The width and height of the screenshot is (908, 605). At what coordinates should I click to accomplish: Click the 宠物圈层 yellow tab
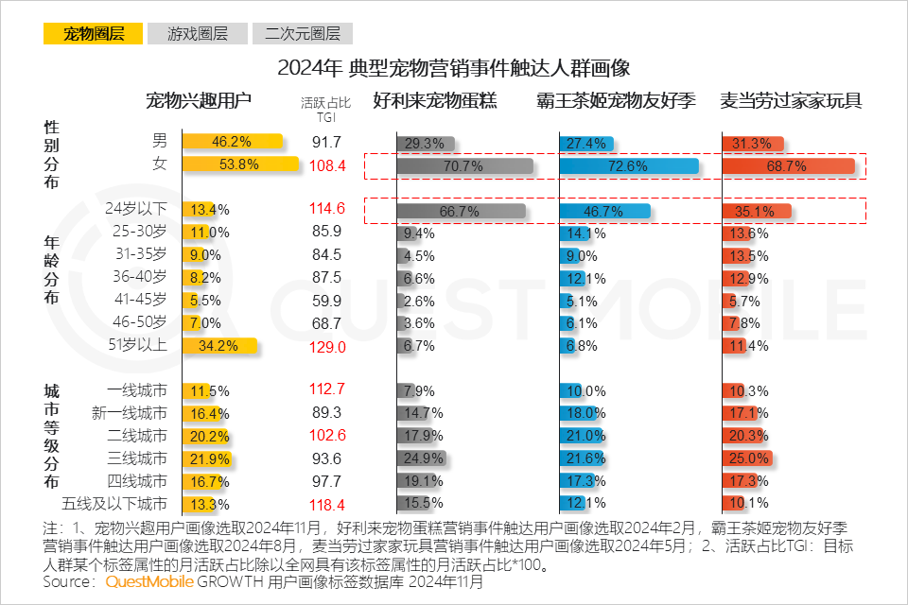[x=93, y=34]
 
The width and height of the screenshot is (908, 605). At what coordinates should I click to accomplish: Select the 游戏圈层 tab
[x=198, y=34]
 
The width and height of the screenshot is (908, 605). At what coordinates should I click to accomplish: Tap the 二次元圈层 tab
[x=302, y=34]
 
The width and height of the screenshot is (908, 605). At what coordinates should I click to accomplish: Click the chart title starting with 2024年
[x=453, y=68]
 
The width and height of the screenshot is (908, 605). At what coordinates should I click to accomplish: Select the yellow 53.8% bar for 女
[x=240, y=165]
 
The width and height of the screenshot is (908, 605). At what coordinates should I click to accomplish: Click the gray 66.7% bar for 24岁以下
[x=462, y=211]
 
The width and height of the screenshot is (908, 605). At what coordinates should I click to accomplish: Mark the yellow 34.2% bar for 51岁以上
[x=219, y=347]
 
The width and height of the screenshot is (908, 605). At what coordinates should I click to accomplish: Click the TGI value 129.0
[x=326, y=347]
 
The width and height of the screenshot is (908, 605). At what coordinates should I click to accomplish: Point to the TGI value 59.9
[x=326, y=302]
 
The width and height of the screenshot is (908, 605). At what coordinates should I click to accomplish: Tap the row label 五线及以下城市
[x=114, y=503]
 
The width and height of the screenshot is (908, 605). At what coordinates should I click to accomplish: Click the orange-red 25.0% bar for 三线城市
[x=747, y=458]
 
